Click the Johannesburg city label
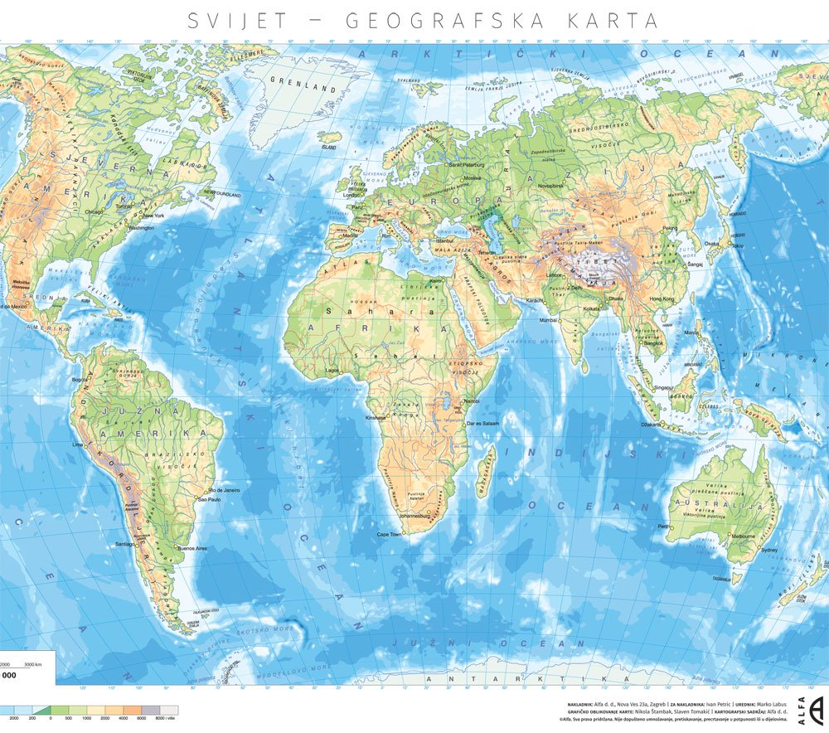point(423,516)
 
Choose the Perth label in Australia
point(663,527)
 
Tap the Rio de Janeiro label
point(225,490)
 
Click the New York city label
point(154,216)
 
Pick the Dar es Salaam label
point(481,425)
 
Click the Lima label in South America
point(79,444)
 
